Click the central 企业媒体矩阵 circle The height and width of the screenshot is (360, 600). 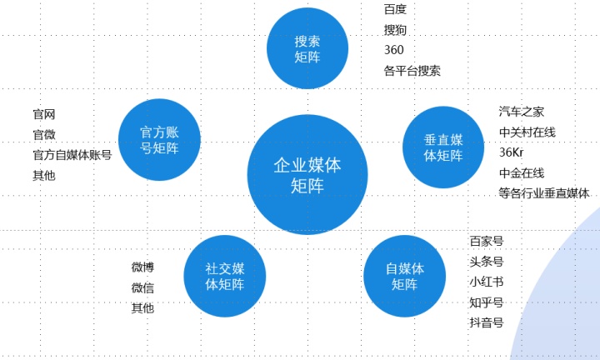point(307,175)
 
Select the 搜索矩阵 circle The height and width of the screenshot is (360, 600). point(307,48)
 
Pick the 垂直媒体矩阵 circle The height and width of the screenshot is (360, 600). point(443,147)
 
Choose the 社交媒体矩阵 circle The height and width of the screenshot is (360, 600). point(224,276)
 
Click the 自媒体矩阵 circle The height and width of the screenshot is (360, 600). point(405,276)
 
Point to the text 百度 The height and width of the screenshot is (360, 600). point(395,10)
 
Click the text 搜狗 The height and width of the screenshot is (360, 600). point(395,30)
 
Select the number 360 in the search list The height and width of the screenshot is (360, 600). point(394,50)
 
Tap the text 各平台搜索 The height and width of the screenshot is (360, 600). point(412,71)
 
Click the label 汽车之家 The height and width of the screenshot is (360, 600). point(522,112)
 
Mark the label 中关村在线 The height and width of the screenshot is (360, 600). point(527,132)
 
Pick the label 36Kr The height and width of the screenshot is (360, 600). point(511,152)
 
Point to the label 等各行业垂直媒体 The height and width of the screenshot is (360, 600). point(543,193)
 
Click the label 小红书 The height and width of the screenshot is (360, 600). point(486,282)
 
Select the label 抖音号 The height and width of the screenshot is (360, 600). point(486,322)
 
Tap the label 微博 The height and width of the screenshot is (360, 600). point(142,267)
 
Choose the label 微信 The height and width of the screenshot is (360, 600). point(142,287)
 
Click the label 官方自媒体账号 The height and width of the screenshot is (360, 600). point(72,155)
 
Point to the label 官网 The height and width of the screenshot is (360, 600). point(43,114)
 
